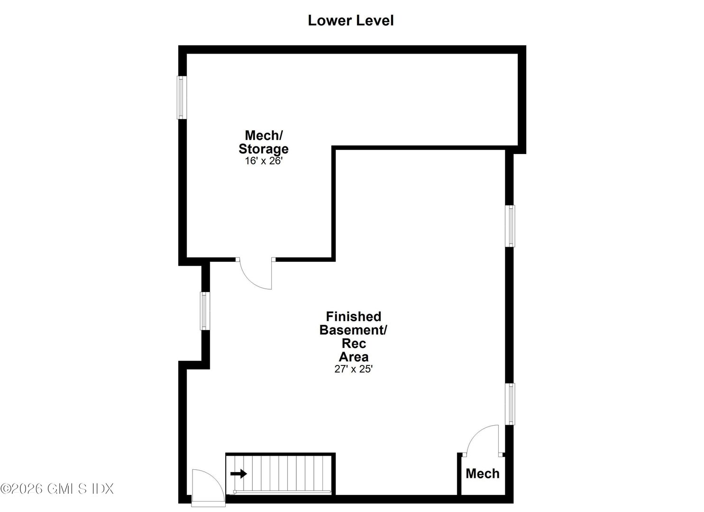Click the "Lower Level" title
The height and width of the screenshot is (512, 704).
[x=350, y=20]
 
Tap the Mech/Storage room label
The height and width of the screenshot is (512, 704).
[x=264, y=142]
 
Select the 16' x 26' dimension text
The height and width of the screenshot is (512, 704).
[x=264, y=161]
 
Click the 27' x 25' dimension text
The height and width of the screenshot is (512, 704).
[x=353, y=369]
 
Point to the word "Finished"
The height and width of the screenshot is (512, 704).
[x=353, y=316]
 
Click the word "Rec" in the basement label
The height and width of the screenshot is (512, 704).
[x=354, y=343]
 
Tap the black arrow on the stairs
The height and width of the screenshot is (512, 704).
[x=239, y=474]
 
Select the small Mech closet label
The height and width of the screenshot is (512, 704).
[x=482, y=474]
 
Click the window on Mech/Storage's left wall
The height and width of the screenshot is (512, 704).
[x=181, y=97]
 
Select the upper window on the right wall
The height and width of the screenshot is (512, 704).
[x=510, y=226]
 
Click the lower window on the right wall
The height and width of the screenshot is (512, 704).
[x=510, y=404]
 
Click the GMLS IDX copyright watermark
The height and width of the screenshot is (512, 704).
[x=57, y=488]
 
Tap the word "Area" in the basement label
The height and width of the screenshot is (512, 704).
[x=354, y=357]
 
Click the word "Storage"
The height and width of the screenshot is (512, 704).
[x=264, y=149]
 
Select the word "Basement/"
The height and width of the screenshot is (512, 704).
[x=353, y=330]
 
